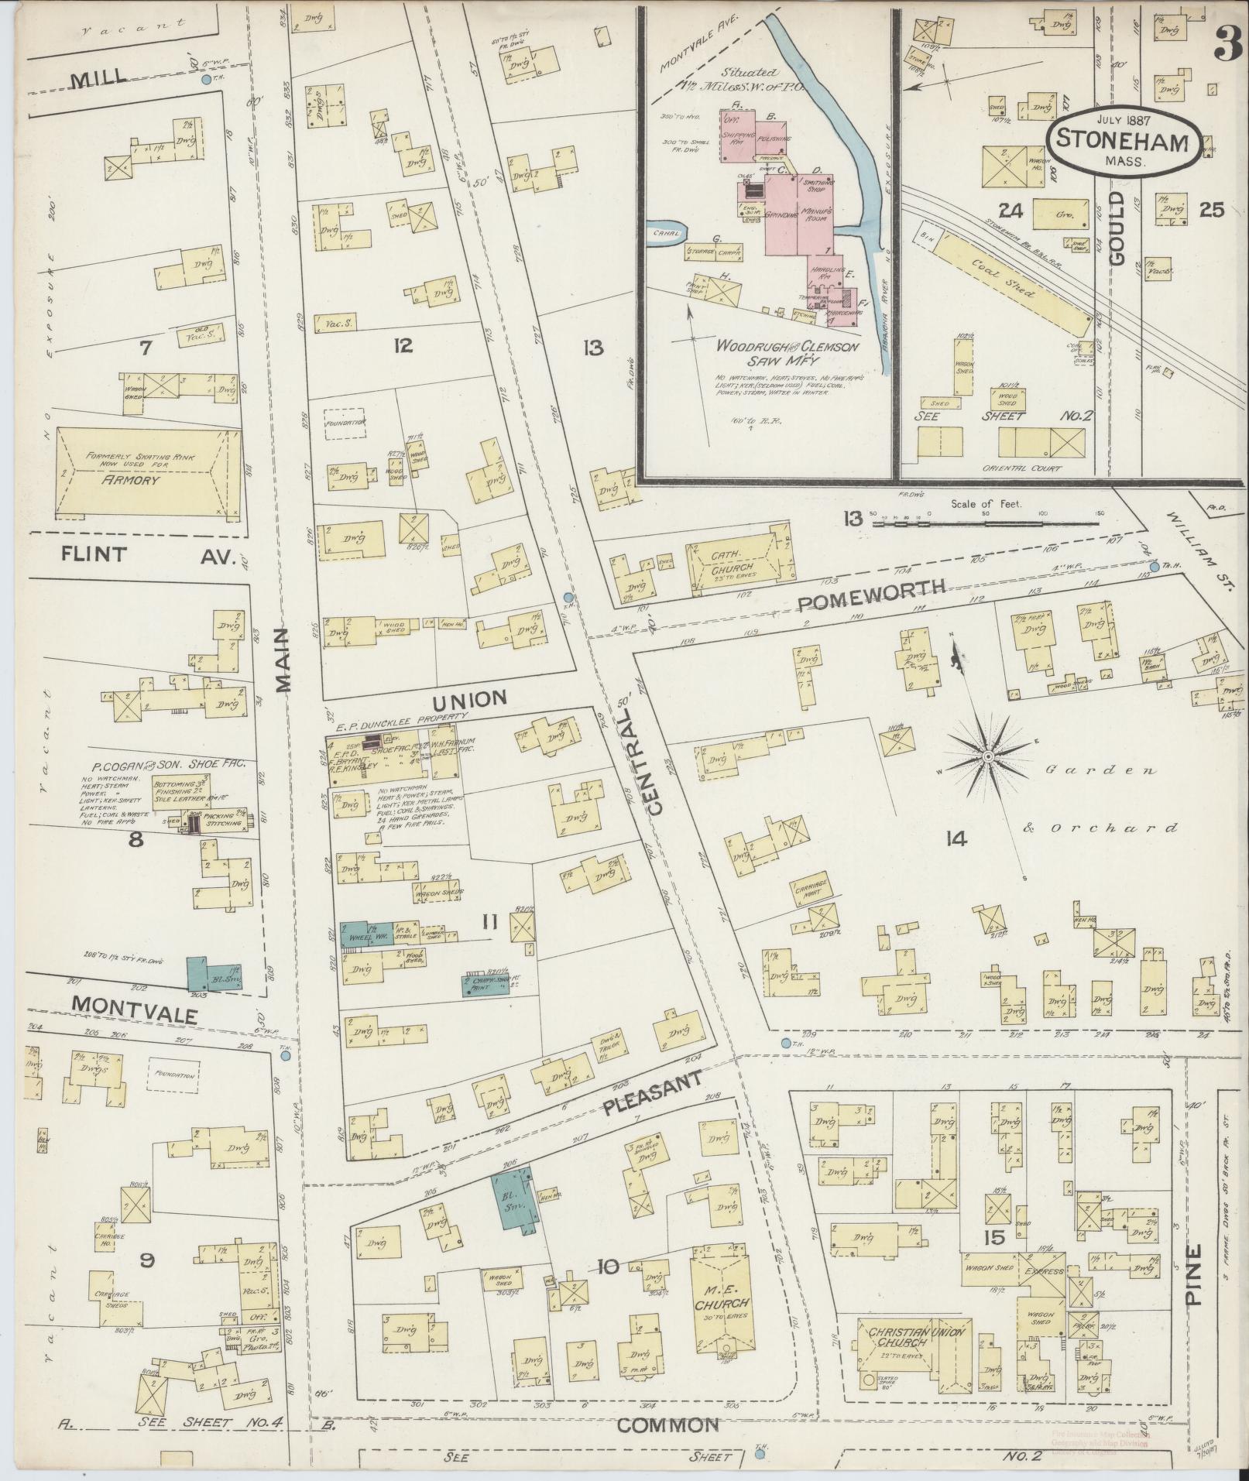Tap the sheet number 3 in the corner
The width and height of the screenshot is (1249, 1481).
coord(1228,43)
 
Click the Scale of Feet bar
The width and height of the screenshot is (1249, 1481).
coord(987,523)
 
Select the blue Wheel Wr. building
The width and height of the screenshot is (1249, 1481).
coord(367,935)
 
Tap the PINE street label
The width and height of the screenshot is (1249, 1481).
coord(1193,1274)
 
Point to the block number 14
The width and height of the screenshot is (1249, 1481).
coord(956,838)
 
